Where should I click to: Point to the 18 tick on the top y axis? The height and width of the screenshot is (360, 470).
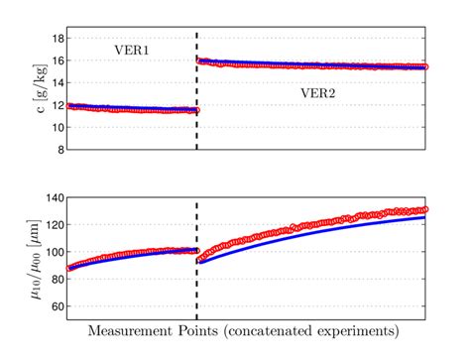[59, 38]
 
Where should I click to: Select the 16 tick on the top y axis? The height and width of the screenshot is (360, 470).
[59, 60]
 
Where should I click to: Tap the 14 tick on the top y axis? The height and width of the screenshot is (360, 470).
[59, 83]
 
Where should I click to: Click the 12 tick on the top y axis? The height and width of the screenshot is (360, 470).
[59, 105]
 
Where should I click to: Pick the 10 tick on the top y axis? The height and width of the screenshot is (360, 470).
[59, 128]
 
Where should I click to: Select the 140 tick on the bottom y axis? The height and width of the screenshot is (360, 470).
[56, 198]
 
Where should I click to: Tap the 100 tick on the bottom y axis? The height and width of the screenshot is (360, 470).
[56, 252]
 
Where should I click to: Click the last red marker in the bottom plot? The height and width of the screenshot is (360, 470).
[425, 209]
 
